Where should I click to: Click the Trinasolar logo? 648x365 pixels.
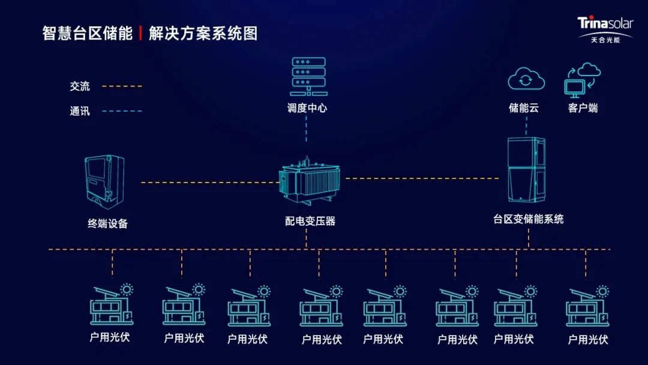tap(605, 29)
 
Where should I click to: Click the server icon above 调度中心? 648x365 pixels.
tap(307, 76)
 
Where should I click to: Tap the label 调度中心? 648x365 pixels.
tap(307, 109)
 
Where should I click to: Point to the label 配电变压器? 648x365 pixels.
tap(310, 221)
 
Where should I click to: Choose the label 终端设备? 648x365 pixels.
tap(108, 223)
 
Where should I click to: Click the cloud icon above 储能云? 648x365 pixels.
tap(526, 79)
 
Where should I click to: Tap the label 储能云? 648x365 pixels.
tap(524, 108)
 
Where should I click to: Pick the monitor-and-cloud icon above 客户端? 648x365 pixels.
tap(582, 79)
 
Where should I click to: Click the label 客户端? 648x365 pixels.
tap(583, 108)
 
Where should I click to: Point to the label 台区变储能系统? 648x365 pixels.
tap(529, 219)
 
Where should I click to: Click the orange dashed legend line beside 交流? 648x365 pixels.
tap(122, 86)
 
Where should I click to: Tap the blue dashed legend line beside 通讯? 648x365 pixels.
tap(122, 111)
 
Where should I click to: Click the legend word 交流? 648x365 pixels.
tap(79, 86)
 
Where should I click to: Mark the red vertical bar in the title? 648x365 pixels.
tap(140, 33)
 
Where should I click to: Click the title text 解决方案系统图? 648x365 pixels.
tap(203, 33)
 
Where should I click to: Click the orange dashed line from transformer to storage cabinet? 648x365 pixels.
tap(422, 178)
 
